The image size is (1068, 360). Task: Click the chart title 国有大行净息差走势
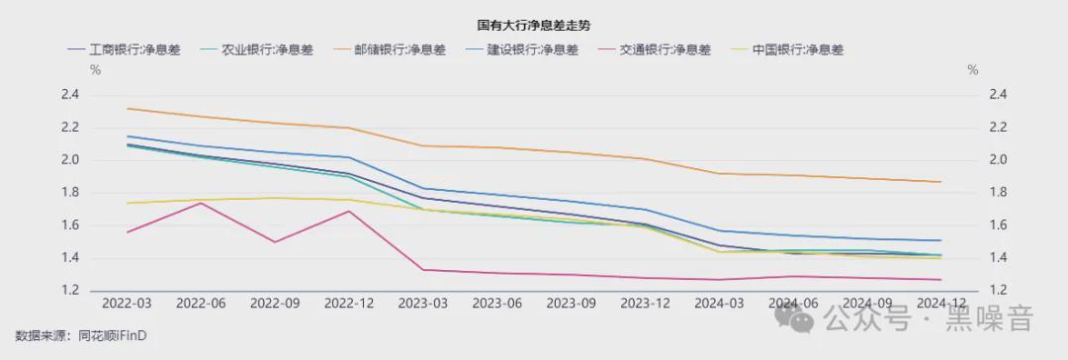click(534, 24)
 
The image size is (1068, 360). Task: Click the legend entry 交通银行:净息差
click(665, 49)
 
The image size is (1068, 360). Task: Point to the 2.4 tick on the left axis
click(70, 95)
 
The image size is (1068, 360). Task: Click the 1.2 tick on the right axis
click(997, 291)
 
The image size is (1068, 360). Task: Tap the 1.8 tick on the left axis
click(70, 193)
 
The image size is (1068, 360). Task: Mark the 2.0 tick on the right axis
click(997, 160)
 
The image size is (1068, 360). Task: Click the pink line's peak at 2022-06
click(201, 203)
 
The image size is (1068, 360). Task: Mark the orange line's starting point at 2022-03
click(127, 108)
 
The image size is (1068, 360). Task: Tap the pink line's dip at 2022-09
click(275, 242)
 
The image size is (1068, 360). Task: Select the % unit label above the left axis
click(96, 70)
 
